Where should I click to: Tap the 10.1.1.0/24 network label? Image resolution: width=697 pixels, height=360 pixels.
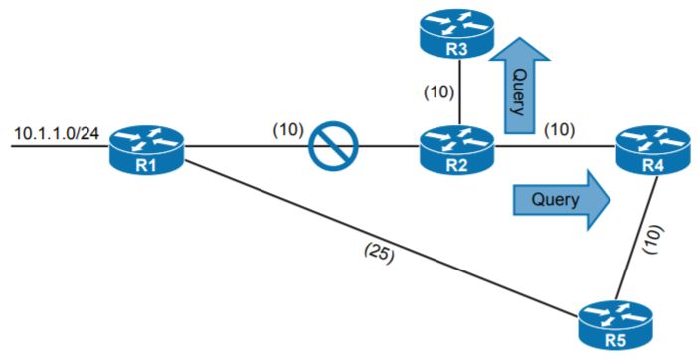(x=57, y=132)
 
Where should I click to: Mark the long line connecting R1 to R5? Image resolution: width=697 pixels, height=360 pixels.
(x=378, y=240)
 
